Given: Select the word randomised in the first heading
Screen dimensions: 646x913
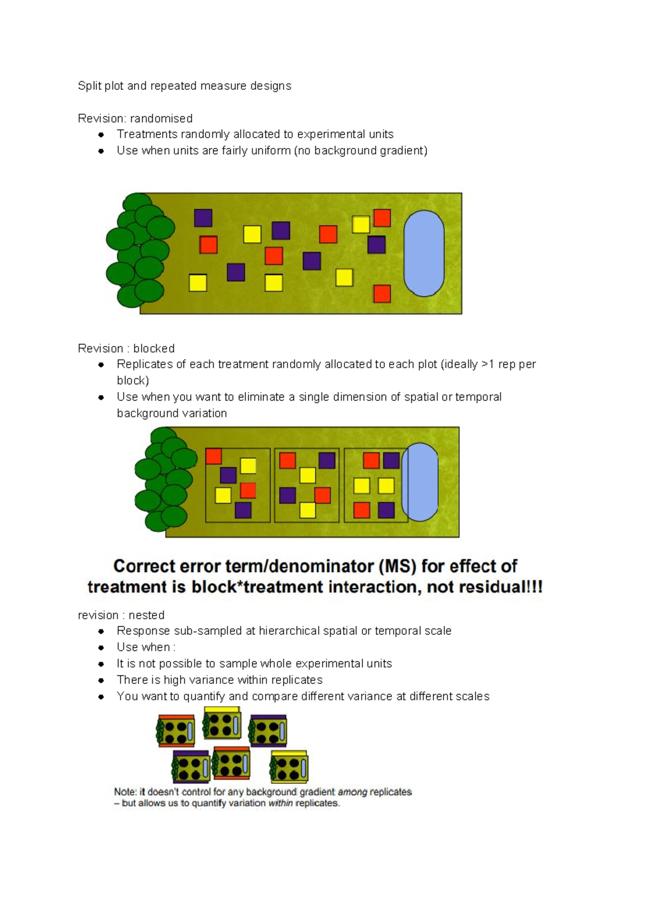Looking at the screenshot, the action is coord(161,118).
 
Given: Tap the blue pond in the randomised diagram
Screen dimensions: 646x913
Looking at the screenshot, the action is coord(424,253).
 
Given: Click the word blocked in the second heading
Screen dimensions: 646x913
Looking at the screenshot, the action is coord(154,349).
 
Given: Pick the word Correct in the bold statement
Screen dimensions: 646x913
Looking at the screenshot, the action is coord(143,567).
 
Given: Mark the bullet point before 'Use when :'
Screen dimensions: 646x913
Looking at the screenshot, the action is coord(101,648).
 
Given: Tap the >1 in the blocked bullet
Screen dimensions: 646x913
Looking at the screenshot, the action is coord(488,364).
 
